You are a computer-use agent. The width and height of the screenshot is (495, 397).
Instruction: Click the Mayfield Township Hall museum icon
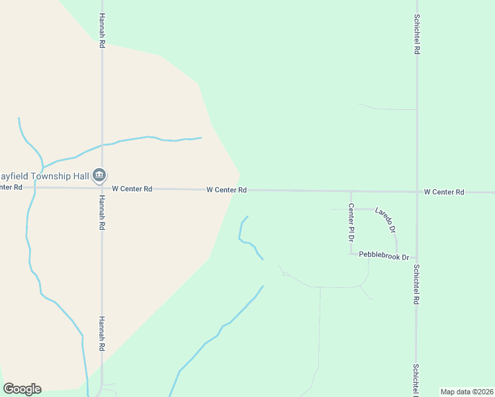click(99, 175)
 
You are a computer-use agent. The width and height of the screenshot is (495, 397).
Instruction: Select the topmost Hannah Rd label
click(102, 30)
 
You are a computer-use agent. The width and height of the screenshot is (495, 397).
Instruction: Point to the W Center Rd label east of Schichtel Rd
click(444, 192)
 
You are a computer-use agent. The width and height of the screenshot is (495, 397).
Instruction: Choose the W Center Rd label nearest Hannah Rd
click(132, 189)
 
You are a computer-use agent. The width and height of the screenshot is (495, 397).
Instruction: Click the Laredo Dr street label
click(385, 220)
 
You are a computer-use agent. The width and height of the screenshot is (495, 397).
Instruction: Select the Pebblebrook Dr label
click(384, 256)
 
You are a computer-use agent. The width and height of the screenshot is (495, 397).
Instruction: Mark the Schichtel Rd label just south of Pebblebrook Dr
click(417, 285)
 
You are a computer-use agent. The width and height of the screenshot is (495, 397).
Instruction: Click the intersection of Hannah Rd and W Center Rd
click(101, 188)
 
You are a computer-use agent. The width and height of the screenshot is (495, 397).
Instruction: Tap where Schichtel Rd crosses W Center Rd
click(417, 192)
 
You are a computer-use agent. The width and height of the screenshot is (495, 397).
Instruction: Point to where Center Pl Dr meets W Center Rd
click(351, 191)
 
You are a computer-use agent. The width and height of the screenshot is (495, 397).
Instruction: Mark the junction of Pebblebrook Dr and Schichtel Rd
click(416, 257)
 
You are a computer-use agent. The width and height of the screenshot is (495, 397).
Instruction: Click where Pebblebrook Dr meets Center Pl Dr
click(351, 254)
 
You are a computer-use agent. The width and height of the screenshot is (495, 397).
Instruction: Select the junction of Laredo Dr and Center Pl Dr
click(351, 209)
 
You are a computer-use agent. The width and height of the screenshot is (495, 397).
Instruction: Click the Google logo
click(22, 389)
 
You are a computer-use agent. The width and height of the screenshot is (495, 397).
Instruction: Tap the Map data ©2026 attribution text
click(467, 392)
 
